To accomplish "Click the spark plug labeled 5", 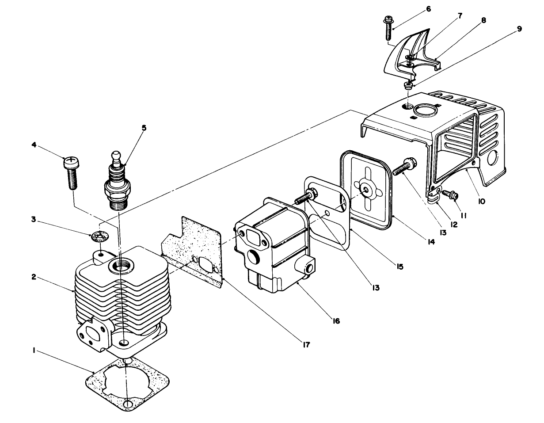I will [117, 186].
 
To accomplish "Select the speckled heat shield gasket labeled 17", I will [194, 252].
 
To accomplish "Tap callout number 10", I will [481, 201].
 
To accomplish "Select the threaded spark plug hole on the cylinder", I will [120, 266].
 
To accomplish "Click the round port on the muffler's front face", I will [254, 257].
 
